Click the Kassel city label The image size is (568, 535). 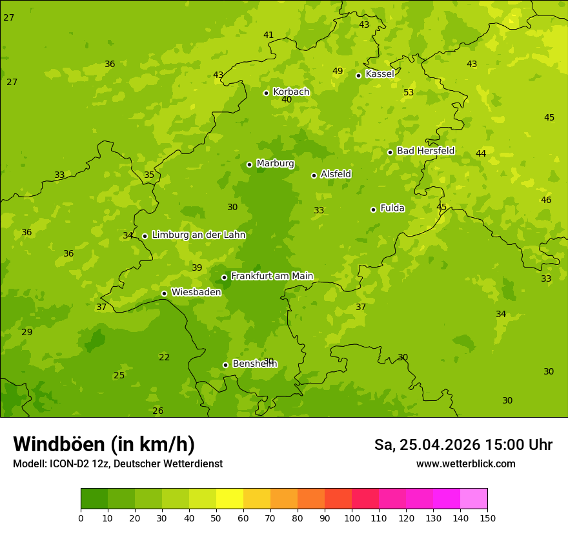[x=380, y=74]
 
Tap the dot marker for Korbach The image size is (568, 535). [x=266, y=93]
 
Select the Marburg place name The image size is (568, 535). [x=275, y=164]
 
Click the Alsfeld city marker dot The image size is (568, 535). [x=314, y=175]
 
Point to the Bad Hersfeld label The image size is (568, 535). [x=425, y=151]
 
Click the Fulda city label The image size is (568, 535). [x=392, y=208]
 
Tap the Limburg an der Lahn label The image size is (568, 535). [x=199, y=235]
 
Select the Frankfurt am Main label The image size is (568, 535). [x=272, y=276]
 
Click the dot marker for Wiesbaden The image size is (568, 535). [x=165, y=293]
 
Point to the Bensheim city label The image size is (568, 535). [x=254, y=364]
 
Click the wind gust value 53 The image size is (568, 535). [x=409, y=93]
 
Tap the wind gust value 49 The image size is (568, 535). [x=338, y=72]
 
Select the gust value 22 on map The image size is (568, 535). [x=165, y=358]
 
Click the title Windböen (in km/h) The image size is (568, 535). [x=104, y=444]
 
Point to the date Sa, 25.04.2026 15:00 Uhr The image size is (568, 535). [x=463, y=445]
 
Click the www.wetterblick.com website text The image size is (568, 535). [x=466, y=464]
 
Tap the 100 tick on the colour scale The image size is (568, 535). [x=352, y=518]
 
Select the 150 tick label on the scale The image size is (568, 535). [x=487, y=518]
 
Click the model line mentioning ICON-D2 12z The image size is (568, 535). [x=117, y=464]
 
